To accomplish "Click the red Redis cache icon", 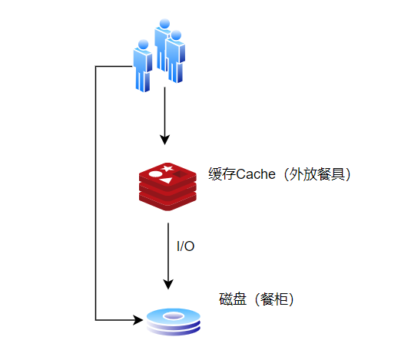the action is click(x=167, y=187).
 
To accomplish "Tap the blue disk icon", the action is click(x=174, y=322).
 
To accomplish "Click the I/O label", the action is click(x=186, y=246).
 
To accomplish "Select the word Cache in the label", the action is click(x=256, y=174).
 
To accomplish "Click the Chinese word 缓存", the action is click(x=222, y=174).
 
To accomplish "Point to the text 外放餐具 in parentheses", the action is click(x=317, y=174).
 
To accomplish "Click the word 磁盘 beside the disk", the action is click(x=233, y=299).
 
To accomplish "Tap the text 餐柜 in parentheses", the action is click(x=274, y=299).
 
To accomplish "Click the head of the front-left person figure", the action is click(x=143, y=45).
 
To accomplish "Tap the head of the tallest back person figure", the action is click(x=164, y=24).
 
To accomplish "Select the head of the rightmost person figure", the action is click(x=176, y=35).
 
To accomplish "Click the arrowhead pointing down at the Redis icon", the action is click(x=164, y=140).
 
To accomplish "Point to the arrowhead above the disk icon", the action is click(x=168, y=284).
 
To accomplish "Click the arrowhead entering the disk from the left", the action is click(x=138, y=320).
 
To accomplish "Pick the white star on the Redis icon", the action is click(x=167, y=168).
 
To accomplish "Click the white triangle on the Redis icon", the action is click(x=166, y=180).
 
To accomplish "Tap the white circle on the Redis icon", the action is click(x=154, y=173).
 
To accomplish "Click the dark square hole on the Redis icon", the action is click(x=180, y=174).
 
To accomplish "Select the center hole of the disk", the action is click(x=174, y=316).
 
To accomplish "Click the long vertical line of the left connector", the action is click(x=96, y=193).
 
